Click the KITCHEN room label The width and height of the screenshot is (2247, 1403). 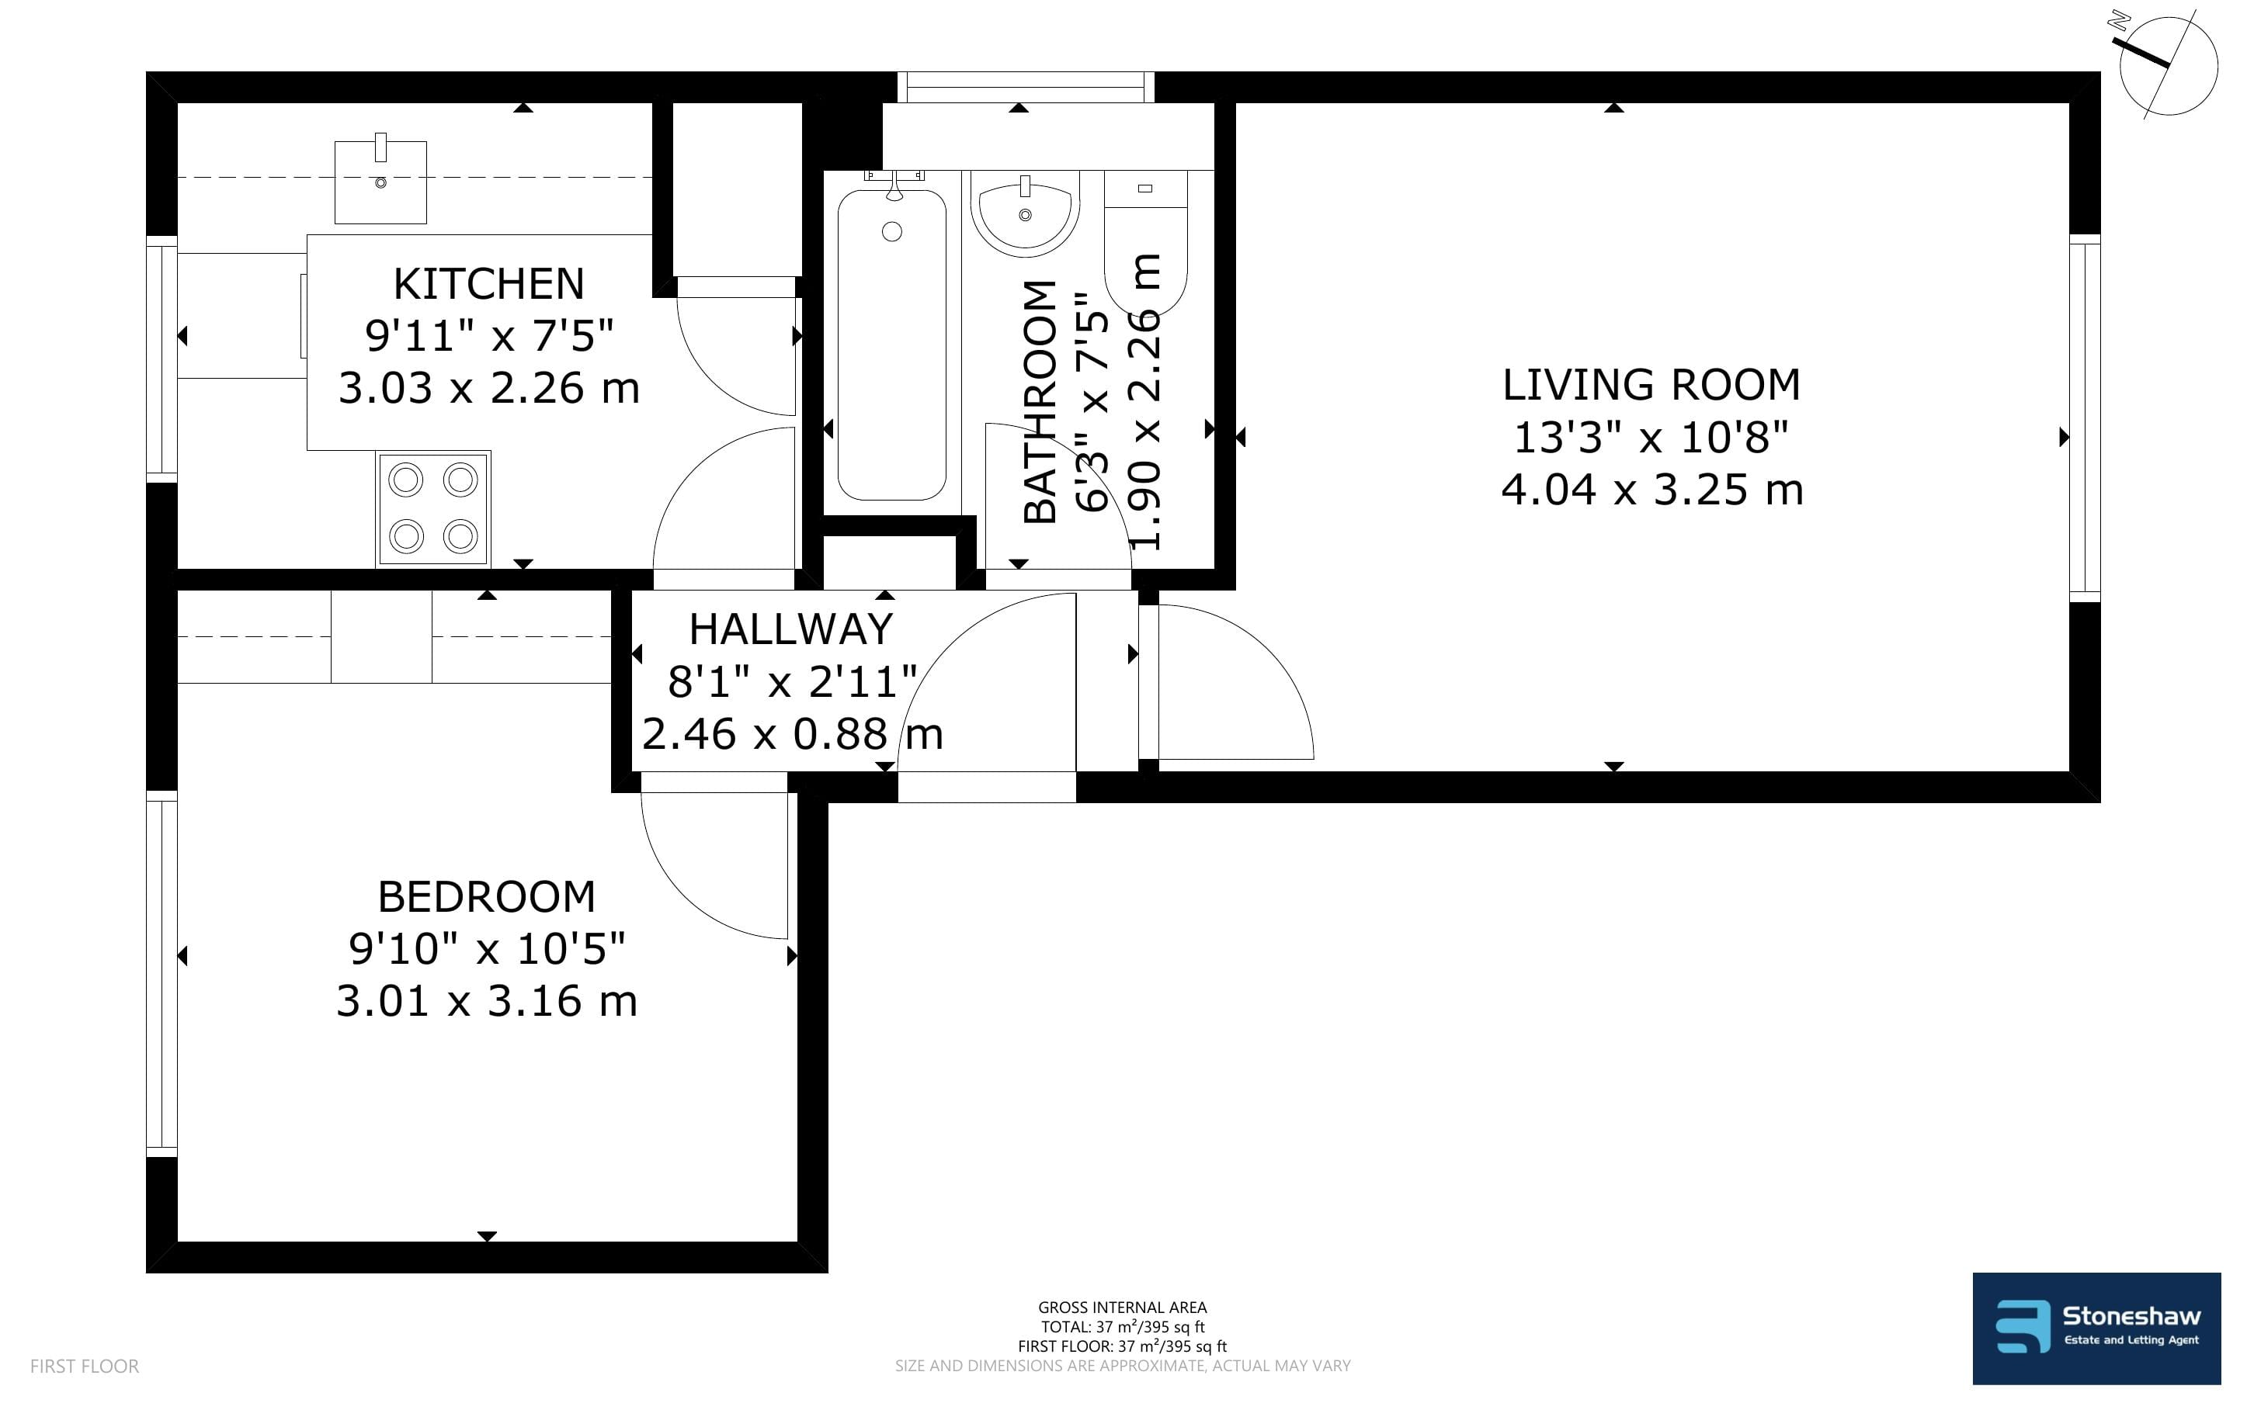[x=489, y=284]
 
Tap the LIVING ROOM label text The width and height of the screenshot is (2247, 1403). [x=1651, y=385]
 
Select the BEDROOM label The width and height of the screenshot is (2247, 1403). [x=486, y=897]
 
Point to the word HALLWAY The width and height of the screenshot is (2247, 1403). [x=790, y=630]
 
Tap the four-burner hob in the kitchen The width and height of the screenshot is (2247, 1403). [x=433, y=508]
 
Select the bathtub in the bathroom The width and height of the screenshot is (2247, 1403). [x=892, y=343]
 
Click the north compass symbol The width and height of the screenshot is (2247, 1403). [x=2168, y=65]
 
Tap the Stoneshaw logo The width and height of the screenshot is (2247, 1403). [x=2096, y=1328]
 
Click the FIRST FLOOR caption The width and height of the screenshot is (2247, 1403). [x=85, y=1366]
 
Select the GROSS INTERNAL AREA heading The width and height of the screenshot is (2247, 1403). [x=1122, y=1308]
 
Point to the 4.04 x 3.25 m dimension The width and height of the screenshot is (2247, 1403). [x=1652, y=490]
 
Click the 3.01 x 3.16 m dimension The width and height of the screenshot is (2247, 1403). [x=486, y=1001]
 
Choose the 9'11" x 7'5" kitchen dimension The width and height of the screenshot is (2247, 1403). [x=489, y=335]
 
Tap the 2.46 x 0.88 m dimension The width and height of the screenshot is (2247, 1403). [x=793, y=735]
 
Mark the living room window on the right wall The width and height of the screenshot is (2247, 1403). [x=2085, y=416]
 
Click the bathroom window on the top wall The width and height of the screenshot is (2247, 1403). [x=1026, y=87]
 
